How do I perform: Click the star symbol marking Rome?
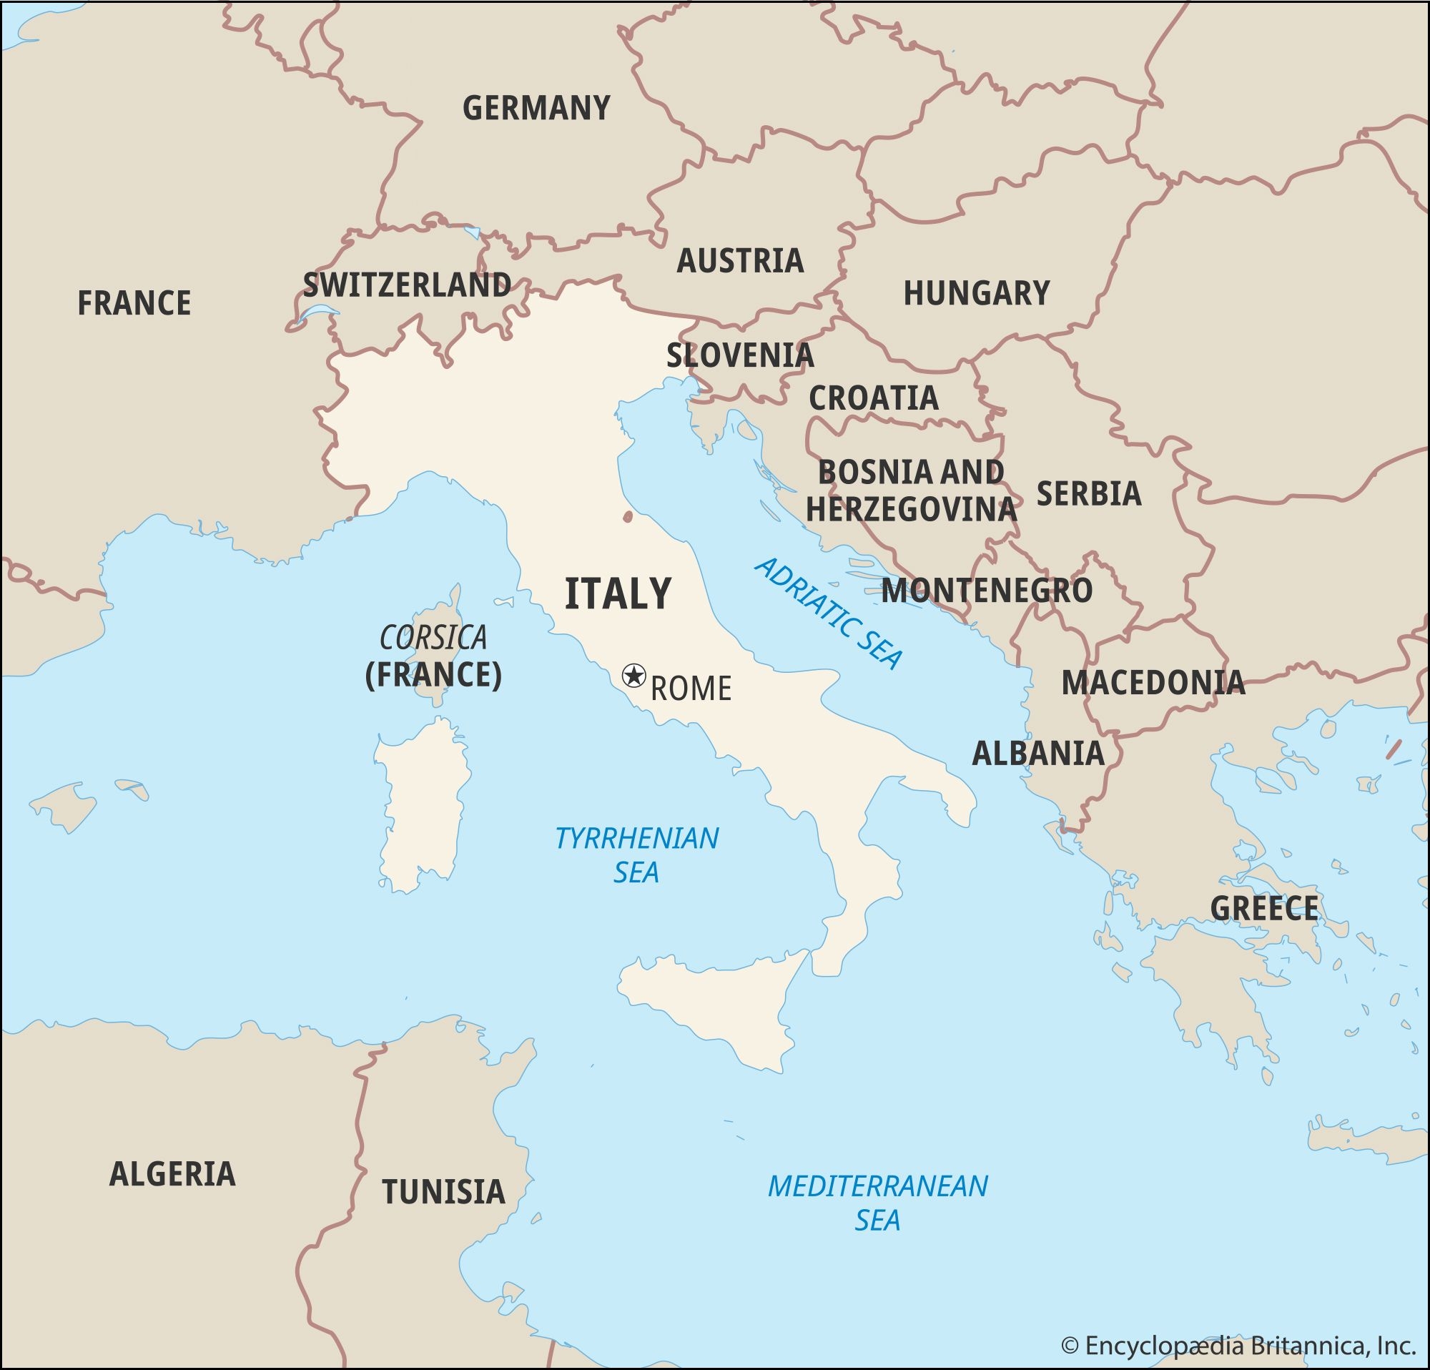coord(633,676)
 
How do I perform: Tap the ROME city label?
coord(690,689)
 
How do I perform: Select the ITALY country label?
coord(618,593)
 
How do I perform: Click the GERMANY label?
coord(536,109)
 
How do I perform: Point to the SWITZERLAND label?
coord(407,285)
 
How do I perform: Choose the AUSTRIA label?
coord(740,261)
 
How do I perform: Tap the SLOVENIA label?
coord(740,356)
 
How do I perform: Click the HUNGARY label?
coord(976,293)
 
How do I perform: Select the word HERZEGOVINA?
coord(910,509)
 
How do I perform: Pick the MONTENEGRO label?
coord(987,591)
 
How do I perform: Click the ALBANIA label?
coord(1037,754)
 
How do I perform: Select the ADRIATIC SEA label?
coord(829,613)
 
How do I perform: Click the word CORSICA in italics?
coord(433,639)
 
